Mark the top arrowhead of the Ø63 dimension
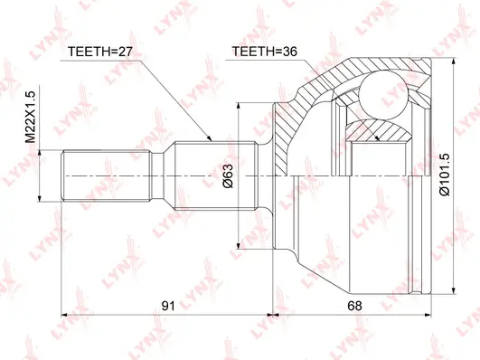click(x=239, y=104)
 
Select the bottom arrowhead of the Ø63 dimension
click(x=239, y=246)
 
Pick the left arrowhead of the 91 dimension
click(x=60, y=317)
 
